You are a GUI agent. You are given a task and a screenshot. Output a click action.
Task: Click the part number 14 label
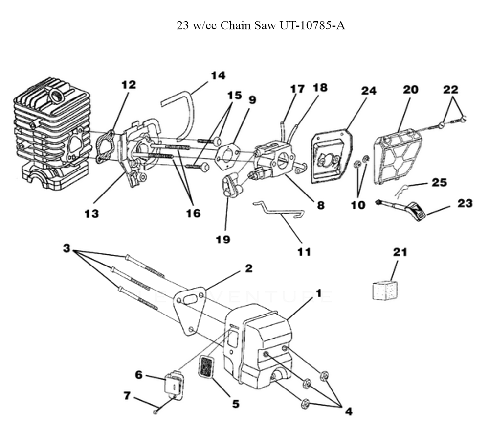point(218,75)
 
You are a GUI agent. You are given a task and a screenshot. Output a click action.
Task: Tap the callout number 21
point(400,252)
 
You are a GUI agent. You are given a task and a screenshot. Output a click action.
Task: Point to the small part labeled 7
point(155,412)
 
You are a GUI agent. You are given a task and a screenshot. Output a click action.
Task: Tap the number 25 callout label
point(439,182)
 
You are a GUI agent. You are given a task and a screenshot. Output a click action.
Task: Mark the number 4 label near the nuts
point(348,412)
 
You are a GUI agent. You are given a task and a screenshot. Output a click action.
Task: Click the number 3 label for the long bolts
point(67,249)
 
